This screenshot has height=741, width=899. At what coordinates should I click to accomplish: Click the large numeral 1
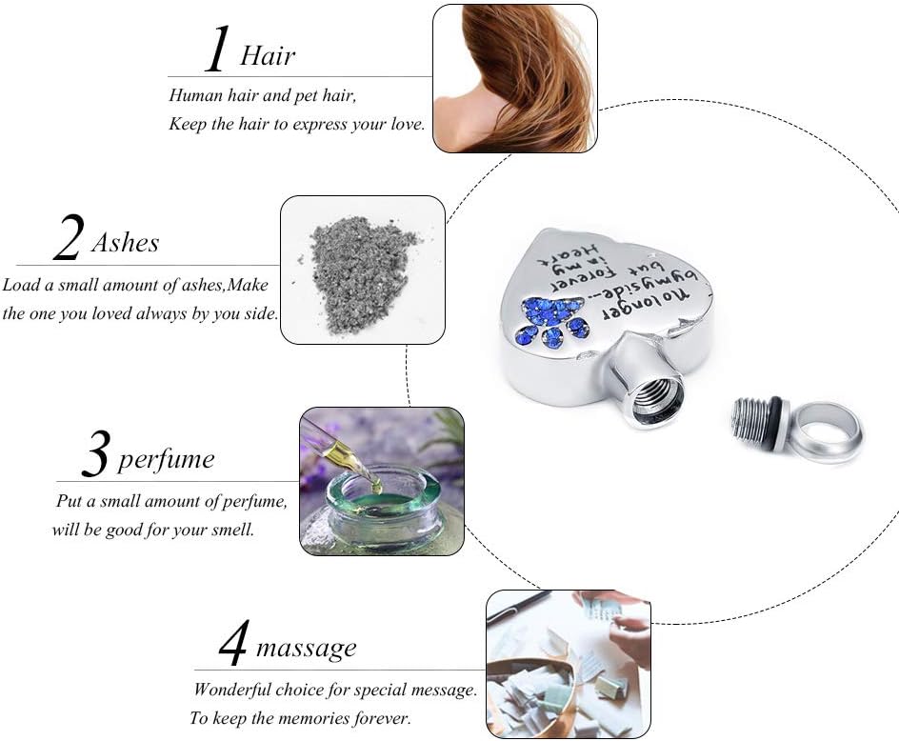point(217,50)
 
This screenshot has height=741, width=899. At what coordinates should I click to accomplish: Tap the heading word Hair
point(268,55)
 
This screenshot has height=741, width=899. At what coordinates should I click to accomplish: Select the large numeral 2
point(69,237)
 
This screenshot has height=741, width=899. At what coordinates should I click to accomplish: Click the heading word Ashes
point(125,242)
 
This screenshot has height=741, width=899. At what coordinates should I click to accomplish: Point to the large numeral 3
point(95,454)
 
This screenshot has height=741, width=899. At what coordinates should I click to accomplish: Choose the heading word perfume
point(167,460)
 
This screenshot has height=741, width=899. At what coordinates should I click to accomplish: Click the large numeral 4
point(232,642)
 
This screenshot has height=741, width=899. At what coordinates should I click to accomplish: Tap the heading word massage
point(306,648)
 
